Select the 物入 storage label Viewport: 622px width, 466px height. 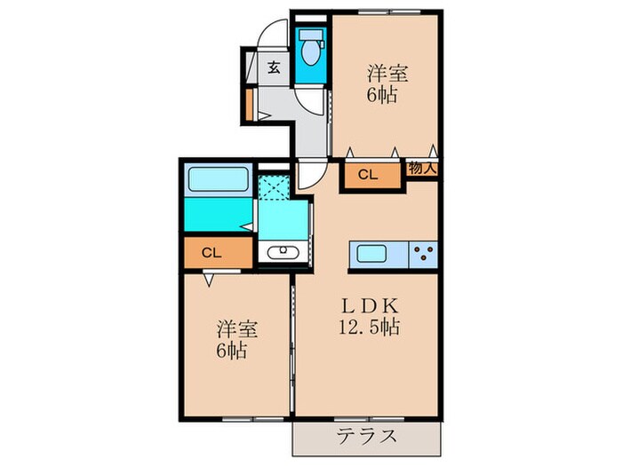(422, 166)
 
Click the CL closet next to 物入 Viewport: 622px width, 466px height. (368, 176)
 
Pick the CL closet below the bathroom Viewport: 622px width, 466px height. (211, 252)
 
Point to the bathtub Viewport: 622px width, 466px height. (218, 182)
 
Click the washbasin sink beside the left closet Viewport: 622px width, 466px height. (283, 252)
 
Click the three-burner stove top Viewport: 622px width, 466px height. (422, 254)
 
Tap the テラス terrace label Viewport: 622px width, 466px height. (366, 436)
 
